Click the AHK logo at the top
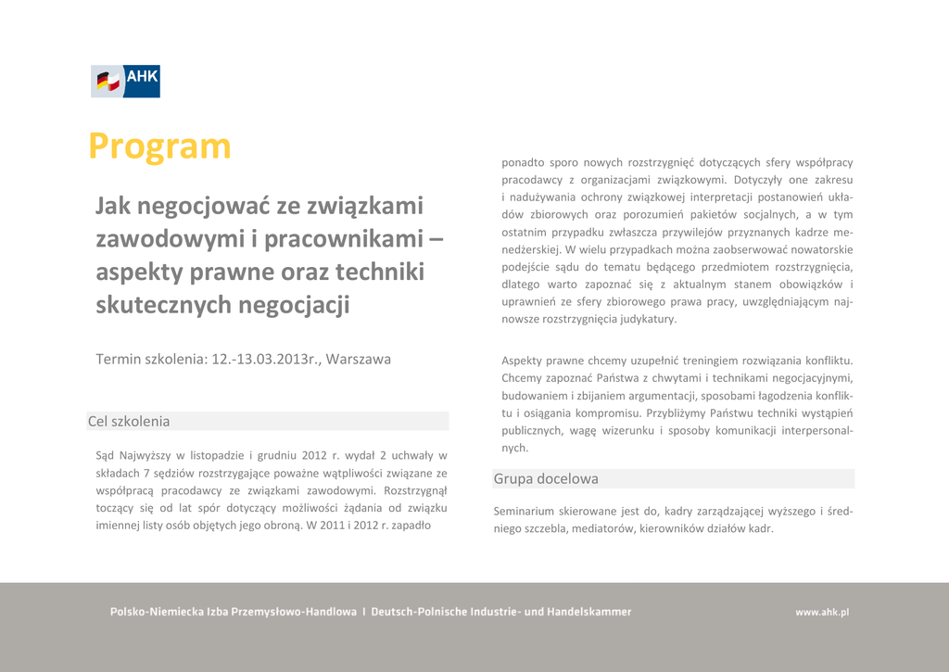click(x=125, y=82)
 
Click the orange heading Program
click(x=159, y=146)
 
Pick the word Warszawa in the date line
click(x=359, y=359)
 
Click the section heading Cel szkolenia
click(x=129, y=422)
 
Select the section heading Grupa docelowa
click(x=546, y=479)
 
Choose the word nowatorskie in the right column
click(x=815, y=249)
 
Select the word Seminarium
click(x=524, y=511)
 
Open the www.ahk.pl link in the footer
click(x=822, y=612)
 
